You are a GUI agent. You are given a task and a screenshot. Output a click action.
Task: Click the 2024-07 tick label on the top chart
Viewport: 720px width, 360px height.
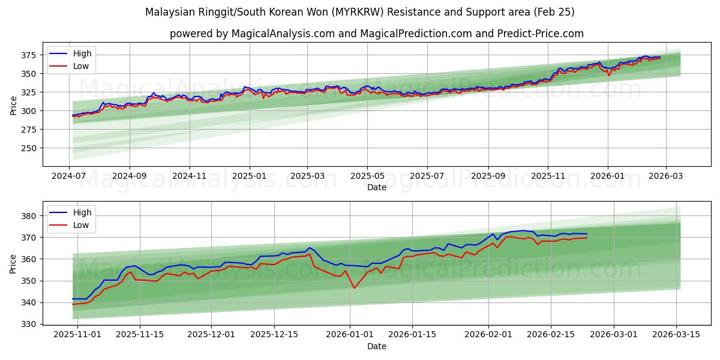(69, 176)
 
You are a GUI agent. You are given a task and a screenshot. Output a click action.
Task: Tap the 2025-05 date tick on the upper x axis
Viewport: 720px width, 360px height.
(367, 176)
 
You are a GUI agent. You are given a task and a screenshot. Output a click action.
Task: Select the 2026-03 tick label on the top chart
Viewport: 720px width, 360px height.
(665, 176)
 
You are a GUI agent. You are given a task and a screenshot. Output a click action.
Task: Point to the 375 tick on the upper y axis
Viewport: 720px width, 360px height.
(28, 55)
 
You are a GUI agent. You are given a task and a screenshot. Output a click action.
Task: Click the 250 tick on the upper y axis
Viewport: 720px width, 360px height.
(28, 148)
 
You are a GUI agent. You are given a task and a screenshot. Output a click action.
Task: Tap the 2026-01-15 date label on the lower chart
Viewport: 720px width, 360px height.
(412, 335)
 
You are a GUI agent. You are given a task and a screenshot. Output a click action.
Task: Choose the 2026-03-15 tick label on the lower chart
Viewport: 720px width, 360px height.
(677, 335)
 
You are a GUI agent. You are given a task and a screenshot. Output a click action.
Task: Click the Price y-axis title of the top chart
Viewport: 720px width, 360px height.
(13, 106)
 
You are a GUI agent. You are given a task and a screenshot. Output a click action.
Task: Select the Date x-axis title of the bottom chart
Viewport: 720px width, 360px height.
(377, 346)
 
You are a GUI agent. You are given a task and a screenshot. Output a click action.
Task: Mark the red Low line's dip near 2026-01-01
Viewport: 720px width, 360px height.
(354, 288)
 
